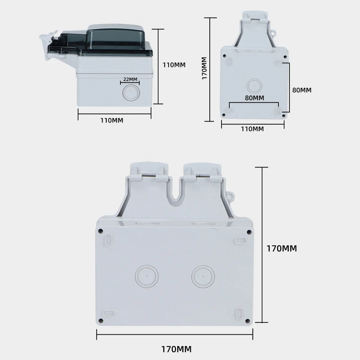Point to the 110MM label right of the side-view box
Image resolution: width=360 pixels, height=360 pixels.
click(x=174, y=65)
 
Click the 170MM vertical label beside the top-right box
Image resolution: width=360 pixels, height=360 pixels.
click(x=204, y=68)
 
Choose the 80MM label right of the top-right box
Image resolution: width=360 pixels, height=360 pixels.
click(x=301, y=90)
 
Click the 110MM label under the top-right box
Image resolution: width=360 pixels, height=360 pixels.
click(x=252, y=129)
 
